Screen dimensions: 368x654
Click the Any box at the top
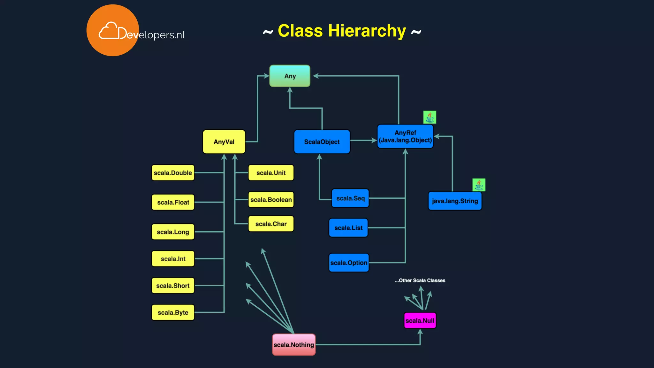pyautogui.click(x=290, y=76)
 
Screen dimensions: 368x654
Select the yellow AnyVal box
pyautogui.click(x=224, y=142)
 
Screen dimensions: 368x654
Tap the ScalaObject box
pyautogui.click(x=322, y=142)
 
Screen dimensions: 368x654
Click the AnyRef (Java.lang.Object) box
pyautogui.click(x=405, y=137)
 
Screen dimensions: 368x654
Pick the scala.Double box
pyautogui.click(x=173, y=173)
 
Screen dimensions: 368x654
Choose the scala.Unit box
pyautogui.click(x=271, y=173)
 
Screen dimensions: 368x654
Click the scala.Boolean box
pyautogui.click(x=271, y=200)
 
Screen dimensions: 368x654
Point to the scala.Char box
pyautogui.click(x=271, y=224)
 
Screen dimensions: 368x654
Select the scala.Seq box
pyautogui.click(x=350, y=198)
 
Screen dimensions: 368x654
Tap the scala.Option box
pyautogui.click(x=349, y=263)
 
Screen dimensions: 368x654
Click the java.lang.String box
pyautogui.click(x=455, y=201)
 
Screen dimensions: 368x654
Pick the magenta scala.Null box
pyautogui.click(x=420, y=320)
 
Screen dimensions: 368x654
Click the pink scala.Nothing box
pyautogui.click(x=294, y=345)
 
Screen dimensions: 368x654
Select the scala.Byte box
pyautogui.click(x=173, y=312)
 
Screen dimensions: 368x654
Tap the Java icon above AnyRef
pyautogui.click(x=430, y=117)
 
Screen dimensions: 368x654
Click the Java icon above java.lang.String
pyautogui.click(x=479, y=185)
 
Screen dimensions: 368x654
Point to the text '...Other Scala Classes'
pyautogui.click(x=420, y=280)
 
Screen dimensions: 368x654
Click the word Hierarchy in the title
pyautogui.click(x=367, y=31)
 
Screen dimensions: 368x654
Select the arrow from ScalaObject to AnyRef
pyautogui.click(x=363, y=140)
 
